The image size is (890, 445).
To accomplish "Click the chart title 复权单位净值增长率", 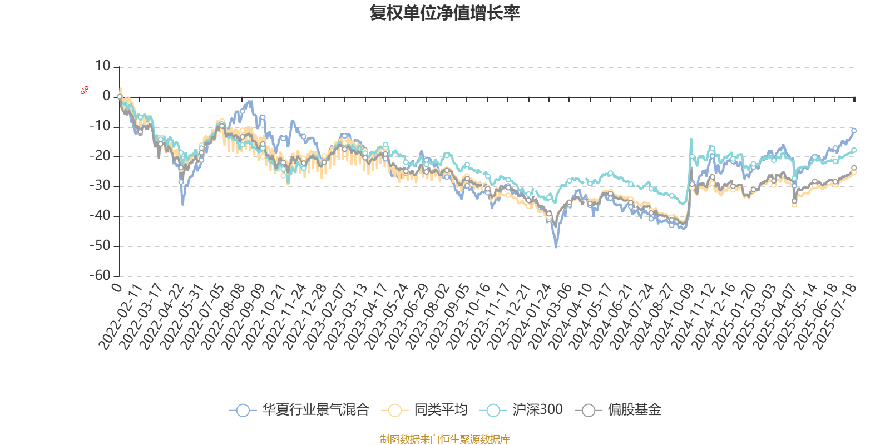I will (444, 13).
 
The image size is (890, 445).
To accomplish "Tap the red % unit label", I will (85, 90).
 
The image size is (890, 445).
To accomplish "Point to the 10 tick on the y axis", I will (103, 66).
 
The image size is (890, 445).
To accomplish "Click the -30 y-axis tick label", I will (100, 186).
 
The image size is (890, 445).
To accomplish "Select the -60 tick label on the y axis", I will (100, 275).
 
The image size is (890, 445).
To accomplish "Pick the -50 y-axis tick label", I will (100, 245).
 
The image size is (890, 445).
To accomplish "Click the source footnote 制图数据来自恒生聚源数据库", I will (444, 439).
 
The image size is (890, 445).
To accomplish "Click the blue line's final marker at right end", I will (854, 131).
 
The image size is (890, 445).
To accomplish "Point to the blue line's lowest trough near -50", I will (556, 247).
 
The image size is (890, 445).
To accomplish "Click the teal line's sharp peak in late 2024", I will (691, 139).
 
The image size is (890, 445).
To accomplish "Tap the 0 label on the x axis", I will (116, 287).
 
